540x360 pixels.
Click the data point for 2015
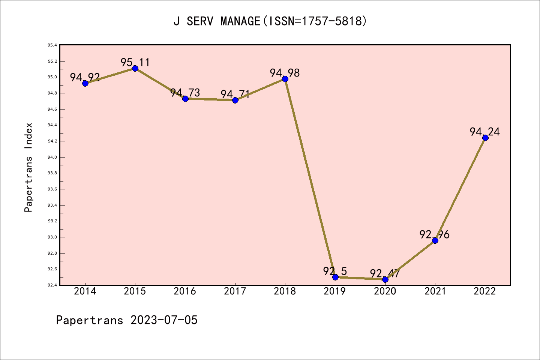(x=135, y=68)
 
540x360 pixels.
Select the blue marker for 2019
(x=335, y=277)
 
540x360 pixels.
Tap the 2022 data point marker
(x=485, y=138)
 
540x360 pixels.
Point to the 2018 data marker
(x=285, y=79)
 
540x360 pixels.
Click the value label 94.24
(x=484, y=132)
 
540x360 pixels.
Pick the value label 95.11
(x=135, y=62)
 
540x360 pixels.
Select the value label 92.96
(x=434, y=234)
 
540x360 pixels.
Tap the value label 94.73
(x=185, y=93)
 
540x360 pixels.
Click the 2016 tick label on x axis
(x=185, y=291)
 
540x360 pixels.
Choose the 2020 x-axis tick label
(x=385, y=291)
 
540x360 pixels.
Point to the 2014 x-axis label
(x=85, y=291)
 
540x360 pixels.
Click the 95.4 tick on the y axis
(x=52, y=45)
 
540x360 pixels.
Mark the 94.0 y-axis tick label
(x=52, y=157)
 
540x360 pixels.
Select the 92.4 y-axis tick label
(x=52, y=285)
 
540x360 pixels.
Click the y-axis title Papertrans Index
(x=28, y=167)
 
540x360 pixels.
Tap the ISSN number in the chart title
(x=332, y=21)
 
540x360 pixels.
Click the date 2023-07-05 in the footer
(x=164, y=320)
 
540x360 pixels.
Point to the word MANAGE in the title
(x=240, y=21)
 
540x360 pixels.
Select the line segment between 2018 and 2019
(x=310, y=178)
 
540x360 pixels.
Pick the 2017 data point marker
(x=235, y=100)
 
